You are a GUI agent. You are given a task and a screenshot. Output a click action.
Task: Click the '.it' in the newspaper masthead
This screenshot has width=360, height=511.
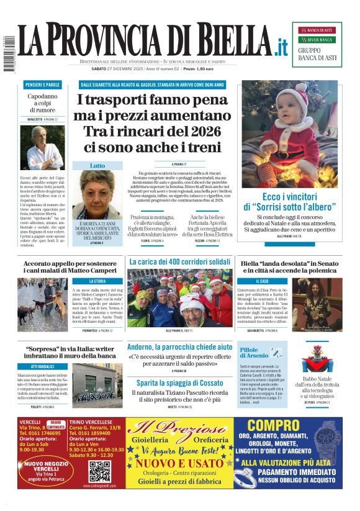click(281, 46)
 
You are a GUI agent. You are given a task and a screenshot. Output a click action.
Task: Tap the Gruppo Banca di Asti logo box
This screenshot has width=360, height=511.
click(317, 44)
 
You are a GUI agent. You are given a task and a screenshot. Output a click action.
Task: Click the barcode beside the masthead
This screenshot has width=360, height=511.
click(9, 52)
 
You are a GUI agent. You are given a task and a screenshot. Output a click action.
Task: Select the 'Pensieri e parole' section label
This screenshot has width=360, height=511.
click(43, 84)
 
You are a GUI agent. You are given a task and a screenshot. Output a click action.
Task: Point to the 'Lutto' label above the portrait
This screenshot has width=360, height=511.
click(97, 166)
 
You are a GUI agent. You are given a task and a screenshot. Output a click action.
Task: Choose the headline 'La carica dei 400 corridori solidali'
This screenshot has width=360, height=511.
click(180, 262)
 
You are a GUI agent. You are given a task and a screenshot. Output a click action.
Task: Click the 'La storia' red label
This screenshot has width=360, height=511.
click(98, 281)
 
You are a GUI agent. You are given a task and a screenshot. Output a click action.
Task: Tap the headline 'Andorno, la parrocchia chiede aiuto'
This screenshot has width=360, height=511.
click(180, 346)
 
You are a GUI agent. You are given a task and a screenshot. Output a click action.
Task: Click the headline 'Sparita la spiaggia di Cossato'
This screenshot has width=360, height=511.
click(180, 383)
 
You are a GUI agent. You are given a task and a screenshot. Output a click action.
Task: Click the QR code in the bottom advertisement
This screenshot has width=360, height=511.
click(99, 471)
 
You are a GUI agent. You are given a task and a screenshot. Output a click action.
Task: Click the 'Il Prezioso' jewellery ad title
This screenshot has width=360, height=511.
click(180, 430)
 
